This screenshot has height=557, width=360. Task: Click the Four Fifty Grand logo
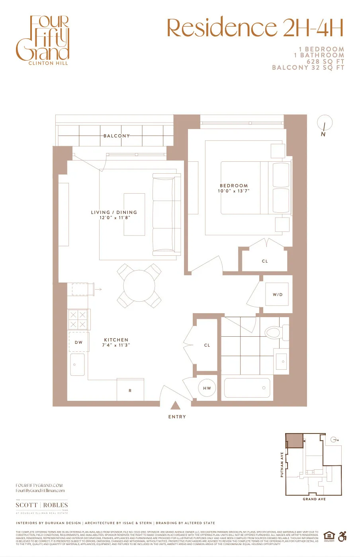43,40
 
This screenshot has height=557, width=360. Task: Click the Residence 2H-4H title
255,27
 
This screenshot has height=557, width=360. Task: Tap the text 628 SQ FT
325,61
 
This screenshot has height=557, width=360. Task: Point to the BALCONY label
116,136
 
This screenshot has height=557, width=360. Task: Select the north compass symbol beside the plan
325,124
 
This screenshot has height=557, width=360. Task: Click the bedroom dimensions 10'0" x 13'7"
234,191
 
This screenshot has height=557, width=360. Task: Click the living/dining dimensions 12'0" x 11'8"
115,218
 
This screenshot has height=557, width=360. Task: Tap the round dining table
139,286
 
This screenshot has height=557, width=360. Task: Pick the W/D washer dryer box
277,295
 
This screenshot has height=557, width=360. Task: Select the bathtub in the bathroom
247,388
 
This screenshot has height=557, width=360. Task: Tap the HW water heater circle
207,388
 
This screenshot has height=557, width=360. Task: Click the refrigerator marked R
130,390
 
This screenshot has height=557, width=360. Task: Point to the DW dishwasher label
79,342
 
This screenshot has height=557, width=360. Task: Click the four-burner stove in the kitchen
78,320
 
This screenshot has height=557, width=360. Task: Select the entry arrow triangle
175,406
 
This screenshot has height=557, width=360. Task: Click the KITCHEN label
116,340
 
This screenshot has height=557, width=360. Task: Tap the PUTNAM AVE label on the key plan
282,464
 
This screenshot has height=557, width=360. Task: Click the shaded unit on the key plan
294,441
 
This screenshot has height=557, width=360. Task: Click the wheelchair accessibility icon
342,536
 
